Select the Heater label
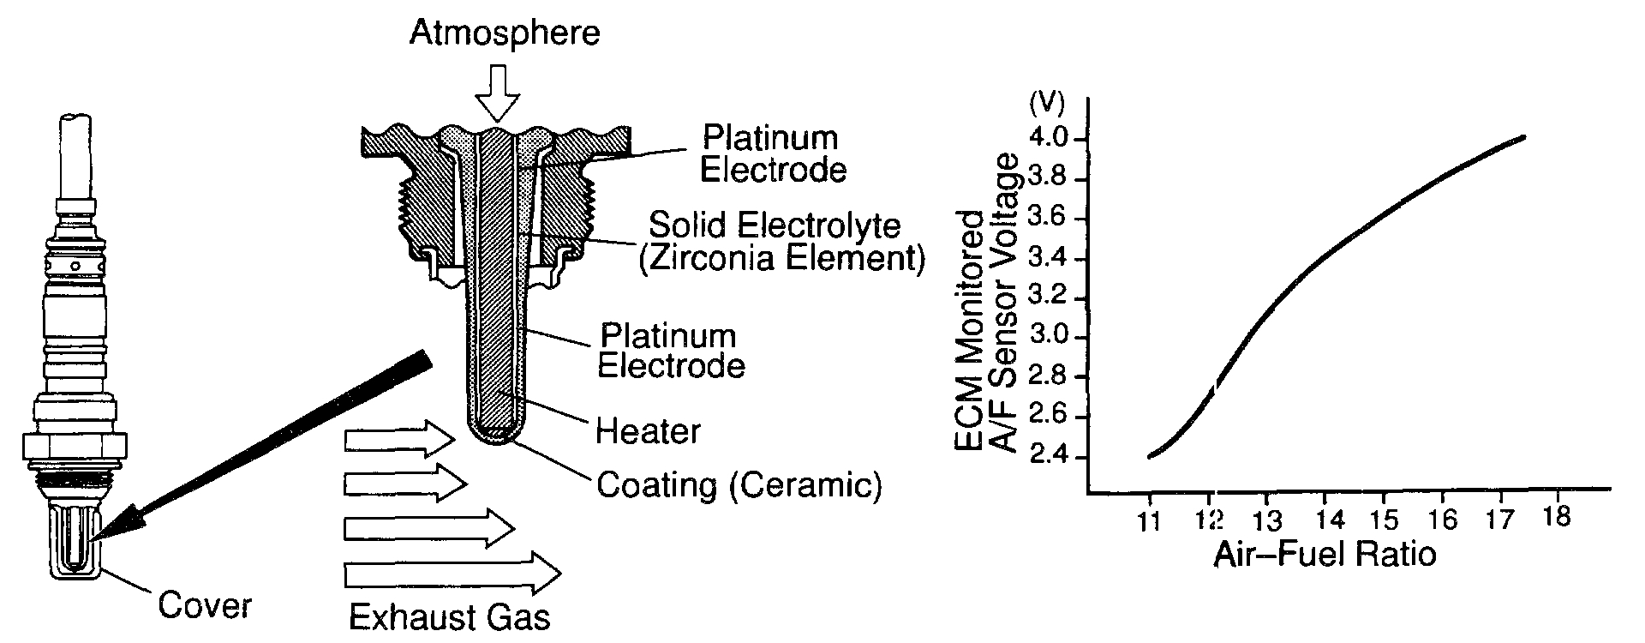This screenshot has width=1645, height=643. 649,431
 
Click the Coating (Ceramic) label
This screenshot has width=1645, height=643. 739,485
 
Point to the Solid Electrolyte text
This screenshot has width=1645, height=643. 775,226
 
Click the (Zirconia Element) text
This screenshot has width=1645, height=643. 782,259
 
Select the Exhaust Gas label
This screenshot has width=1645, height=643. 449,617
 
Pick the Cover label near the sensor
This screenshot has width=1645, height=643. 205,605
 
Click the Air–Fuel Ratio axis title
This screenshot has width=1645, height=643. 1324,556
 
